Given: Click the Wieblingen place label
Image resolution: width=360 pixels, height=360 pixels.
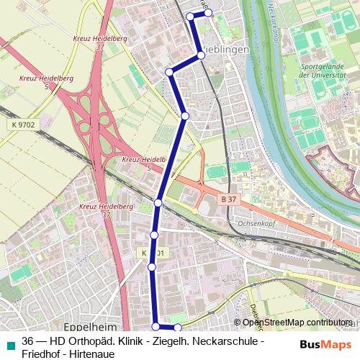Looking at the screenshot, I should [225, 50].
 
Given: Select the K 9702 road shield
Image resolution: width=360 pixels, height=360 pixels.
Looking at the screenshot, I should [24, 125].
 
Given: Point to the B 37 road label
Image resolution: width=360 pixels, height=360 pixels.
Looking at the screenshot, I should [228, 198].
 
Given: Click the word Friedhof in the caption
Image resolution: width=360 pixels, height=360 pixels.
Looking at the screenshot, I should [43, 354].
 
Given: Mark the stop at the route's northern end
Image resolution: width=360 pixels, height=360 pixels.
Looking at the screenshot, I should [207, 13].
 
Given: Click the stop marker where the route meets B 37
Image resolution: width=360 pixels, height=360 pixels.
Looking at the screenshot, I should [158, 203].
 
